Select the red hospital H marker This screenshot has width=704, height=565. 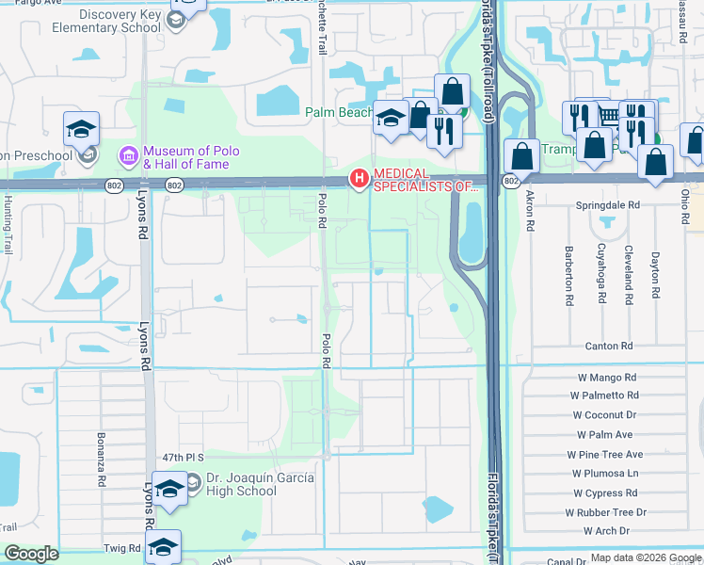tap(359, 178)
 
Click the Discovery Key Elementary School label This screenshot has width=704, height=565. tap(96, 21)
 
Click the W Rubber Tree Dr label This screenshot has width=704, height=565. tap(606, 512)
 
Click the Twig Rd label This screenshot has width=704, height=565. tap(122, 547)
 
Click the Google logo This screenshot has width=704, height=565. tap(32, 554)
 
